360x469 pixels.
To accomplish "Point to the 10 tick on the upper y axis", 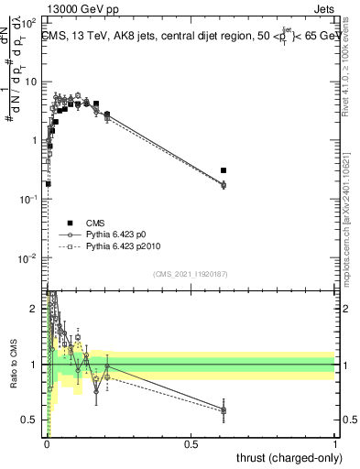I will click(31, 82).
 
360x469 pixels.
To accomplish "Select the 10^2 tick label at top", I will click(29, 23).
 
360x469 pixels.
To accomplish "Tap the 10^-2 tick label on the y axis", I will click(29, 258).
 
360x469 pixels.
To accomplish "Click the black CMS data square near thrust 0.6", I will click(224, 170).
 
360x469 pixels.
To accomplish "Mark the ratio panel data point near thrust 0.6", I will click(224, 409).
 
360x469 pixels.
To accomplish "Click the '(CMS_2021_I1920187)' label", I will click(191, 274).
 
